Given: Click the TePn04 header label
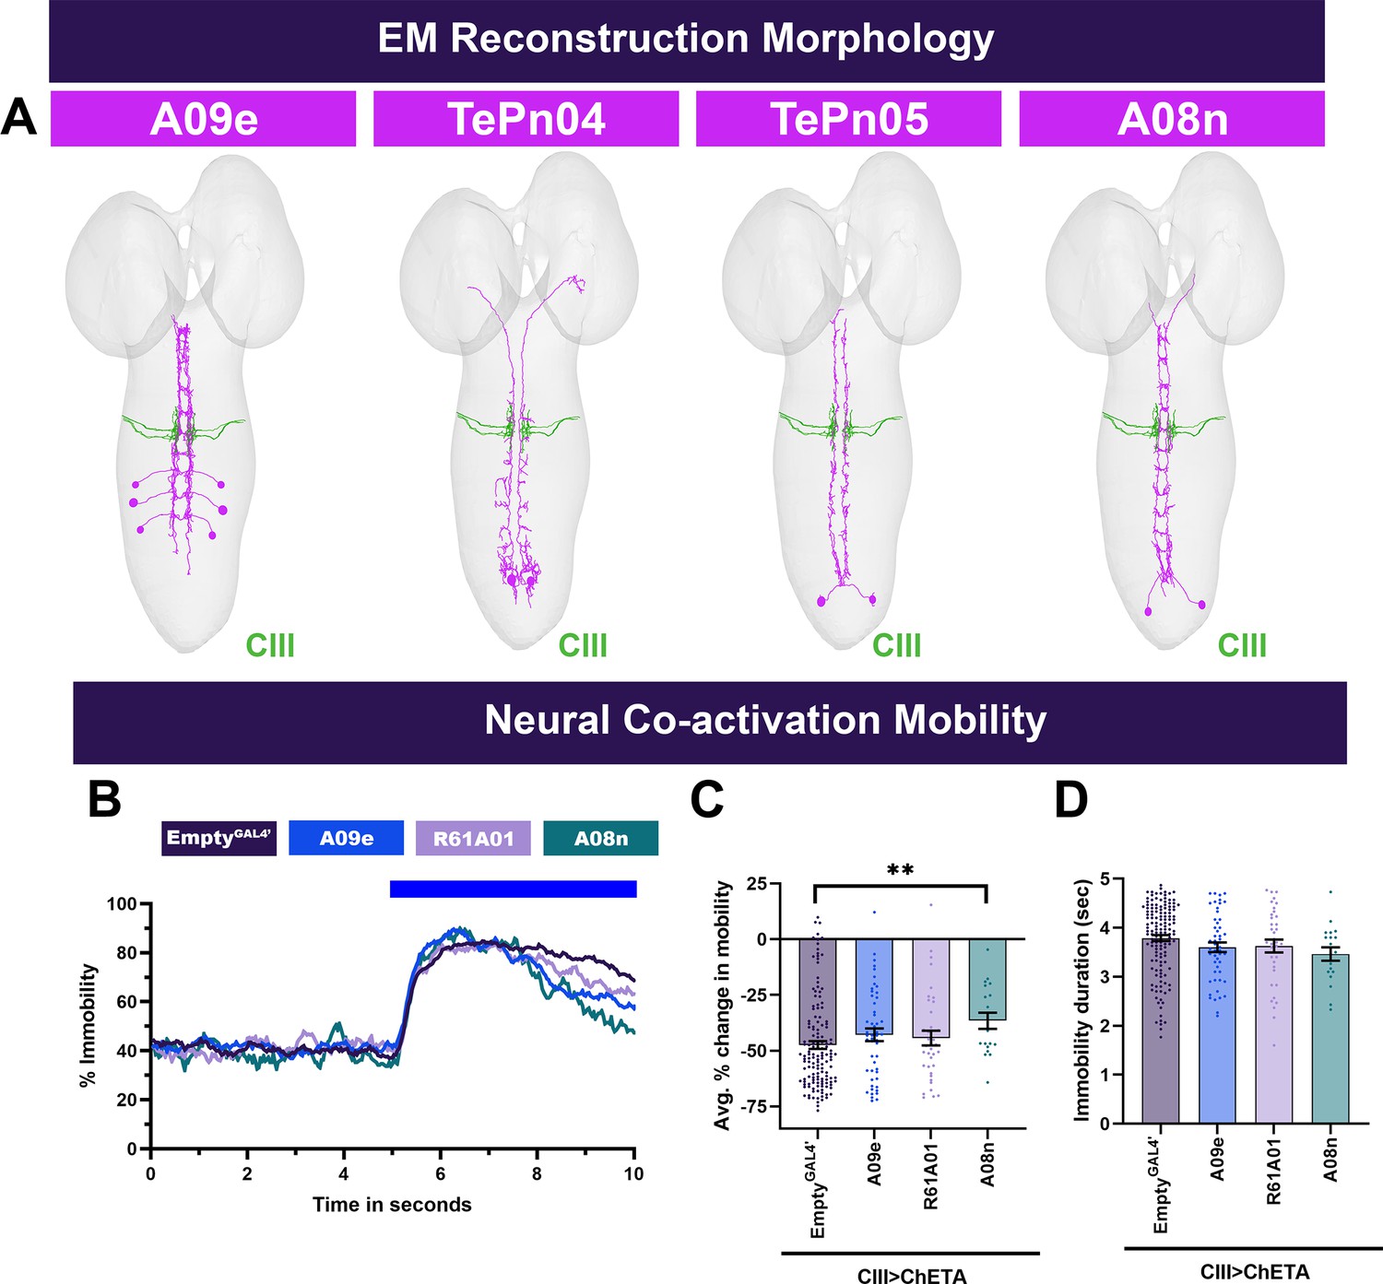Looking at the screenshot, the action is [526, 118].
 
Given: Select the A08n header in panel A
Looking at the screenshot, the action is [1172, 118].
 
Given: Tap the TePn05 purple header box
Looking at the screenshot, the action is [849, 118].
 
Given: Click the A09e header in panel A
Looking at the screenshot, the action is [204, 118].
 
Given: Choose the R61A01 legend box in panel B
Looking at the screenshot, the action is [474, 838].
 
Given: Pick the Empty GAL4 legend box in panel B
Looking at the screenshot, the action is [219, 838].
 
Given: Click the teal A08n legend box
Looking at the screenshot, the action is [601, 838].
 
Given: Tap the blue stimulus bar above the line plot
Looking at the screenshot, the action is [514, 889].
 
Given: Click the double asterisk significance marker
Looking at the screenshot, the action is [900, 870].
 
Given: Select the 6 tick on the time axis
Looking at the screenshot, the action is [440, 1173].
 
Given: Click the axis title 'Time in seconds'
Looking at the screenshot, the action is [392, 1205].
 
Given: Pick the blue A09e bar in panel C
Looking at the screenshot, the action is [874, 986].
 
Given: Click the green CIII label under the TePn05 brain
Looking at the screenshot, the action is [896, 645].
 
